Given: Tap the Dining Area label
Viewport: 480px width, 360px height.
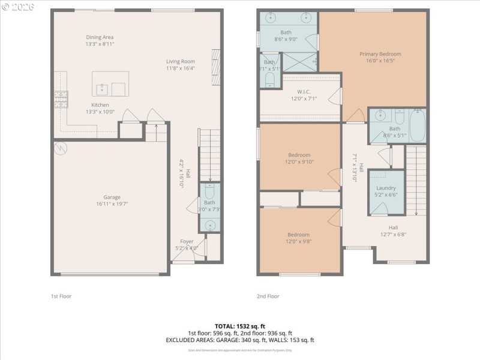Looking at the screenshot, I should pos(100,40).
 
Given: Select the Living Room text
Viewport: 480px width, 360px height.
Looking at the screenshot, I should pos(181,64).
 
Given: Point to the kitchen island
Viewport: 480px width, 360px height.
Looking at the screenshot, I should pos(110,84).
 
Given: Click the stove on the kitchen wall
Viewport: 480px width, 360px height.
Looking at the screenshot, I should pos(61,99).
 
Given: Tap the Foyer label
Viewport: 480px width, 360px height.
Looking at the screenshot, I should pos(187,244).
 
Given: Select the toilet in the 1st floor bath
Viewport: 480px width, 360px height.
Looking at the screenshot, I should pos(209,191).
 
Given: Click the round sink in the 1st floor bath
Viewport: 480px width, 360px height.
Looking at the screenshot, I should pos(209,226).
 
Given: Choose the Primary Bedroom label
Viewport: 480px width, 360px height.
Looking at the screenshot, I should pos(380,57).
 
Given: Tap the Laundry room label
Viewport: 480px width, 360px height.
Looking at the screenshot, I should pos(386,191).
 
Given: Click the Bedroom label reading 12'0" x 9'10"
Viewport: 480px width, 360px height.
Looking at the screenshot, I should pos(299,158).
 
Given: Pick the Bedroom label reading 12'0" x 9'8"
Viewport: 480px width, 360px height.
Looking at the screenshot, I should pos(298,238).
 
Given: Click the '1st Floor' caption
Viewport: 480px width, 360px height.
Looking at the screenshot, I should pos(61,296).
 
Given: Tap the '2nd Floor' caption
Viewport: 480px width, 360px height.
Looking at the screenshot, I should pos(268,296).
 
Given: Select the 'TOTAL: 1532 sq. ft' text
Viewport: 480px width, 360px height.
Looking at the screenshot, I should pos(239,326).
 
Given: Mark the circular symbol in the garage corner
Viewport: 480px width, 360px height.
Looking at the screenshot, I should pos(61,148).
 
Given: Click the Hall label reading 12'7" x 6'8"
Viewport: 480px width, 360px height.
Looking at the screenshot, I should pos(393,231).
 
